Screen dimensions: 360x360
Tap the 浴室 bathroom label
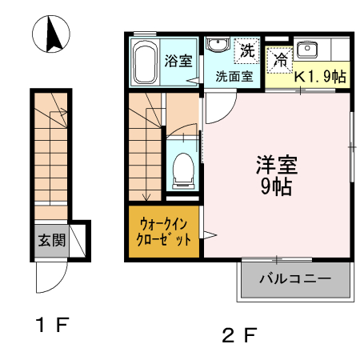coord(177,61)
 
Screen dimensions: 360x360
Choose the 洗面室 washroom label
coord(234,77)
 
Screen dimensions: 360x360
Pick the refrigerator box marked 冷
coord(280,58)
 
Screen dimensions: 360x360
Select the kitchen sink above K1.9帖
coord(307,50)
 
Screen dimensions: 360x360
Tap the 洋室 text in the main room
coord(277,165)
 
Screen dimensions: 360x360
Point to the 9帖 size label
coord(276,187)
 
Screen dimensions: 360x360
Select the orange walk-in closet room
coord(164,231)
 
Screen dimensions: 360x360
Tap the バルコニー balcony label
coord(294,279)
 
